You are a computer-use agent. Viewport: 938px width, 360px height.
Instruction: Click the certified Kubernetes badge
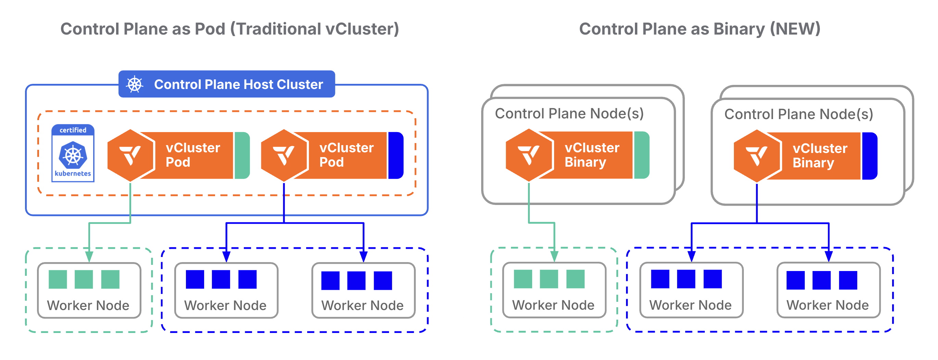pyautogui.click(x=73, y=153)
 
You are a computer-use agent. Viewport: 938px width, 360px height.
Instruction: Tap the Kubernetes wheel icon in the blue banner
pyautogui.click(x=134, y=85)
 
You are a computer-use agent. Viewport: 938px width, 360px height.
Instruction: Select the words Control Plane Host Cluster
pyautogui.click(x=238, y=85)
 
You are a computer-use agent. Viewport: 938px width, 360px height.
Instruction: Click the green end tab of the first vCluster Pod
pyautogui.click(x=242, y=155)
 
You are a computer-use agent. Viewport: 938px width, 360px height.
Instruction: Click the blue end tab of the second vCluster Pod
pyautogui.click(x=396, y=155)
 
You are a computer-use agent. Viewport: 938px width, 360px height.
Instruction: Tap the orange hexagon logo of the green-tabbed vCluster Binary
pyautogui.click(x=529, y=155)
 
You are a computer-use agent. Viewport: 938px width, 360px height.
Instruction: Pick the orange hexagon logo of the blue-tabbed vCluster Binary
pyautogui.click(x=757, y=156)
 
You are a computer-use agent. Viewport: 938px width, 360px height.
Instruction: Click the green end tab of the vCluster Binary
pyautogui.click(x=641, y=155)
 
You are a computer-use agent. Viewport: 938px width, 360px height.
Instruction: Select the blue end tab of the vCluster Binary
pyautogui.click(x=870, y=156)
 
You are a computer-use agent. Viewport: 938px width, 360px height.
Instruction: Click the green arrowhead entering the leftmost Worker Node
pyautogui.click(x=89, y=257)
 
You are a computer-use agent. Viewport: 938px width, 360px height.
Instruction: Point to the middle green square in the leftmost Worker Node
pyautogui.click(x=84, y=279)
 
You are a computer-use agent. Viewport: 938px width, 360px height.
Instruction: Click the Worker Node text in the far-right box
pyautogui.click(x=827, y=305)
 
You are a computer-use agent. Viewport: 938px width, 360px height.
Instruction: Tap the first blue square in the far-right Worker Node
pyautogui.click(x=795, y=280)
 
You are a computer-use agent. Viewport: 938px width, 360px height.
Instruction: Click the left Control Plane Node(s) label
pyautogui.click(x=569, y=114)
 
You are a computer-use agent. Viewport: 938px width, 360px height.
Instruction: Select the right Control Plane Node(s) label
pyautogui.click(x=799, y=114)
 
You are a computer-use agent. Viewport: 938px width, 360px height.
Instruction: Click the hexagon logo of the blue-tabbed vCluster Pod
pyautogui.click(x=284, y=155)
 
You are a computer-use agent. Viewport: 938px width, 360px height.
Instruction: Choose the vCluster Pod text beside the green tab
pyautogui.click(x=192, y=155)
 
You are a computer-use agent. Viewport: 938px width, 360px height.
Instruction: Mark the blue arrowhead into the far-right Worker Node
pyautogui.click(x=829, y=256)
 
